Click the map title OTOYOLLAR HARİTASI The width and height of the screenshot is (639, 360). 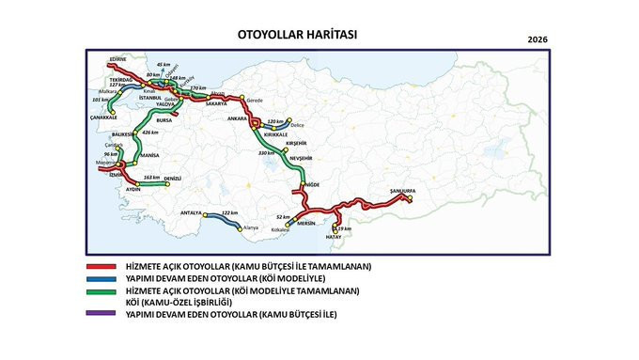(299, 35)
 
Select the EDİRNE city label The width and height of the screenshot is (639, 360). (117, 58)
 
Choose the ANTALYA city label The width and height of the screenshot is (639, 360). (192, 211)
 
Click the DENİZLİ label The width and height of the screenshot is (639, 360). (173, 179)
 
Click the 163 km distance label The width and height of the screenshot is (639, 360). (150, 177)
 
